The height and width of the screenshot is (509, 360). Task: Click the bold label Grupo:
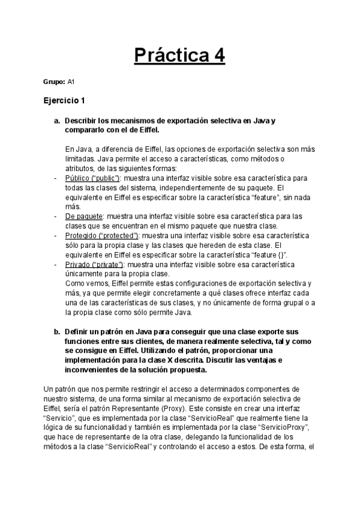tap(53, 81)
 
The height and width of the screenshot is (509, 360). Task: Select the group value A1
tap(71, 81)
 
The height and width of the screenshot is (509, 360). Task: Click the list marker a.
tap(57, 121)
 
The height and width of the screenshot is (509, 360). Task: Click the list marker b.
tap(57, 331)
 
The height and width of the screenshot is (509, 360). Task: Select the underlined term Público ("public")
tap(93, 178)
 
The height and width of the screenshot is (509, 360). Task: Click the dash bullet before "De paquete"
tap(55, 215)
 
